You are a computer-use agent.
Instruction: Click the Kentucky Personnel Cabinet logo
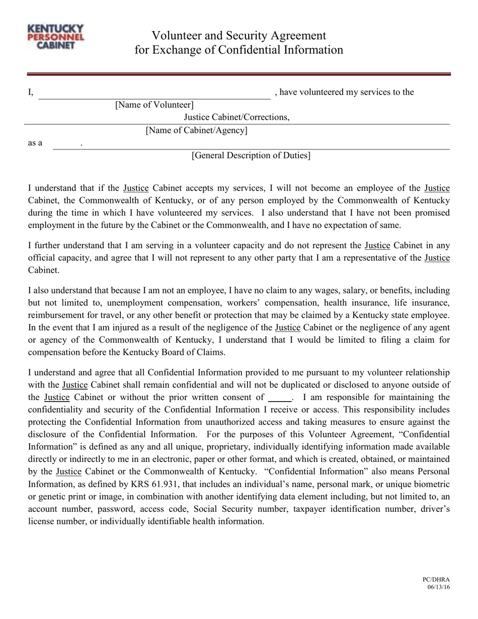point(56,38)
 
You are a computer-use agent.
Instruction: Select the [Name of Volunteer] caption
point(154,105)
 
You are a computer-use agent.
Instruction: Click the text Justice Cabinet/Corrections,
point(236,117)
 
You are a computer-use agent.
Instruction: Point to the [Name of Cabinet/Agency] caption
point(196,131)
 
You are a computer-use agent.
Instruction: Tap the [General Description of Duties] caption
point(251,156)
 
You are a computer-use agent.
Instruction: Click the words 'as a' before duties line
point(35,143)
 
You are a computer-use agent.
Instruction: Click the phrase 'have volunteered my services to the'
point(346,92)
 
